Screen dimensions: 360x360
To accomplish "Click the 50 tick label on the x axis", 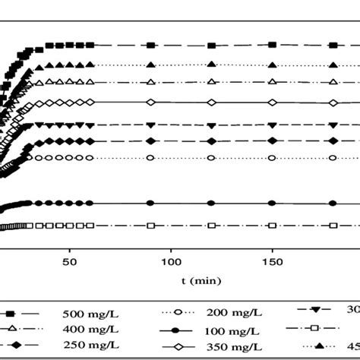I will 70,261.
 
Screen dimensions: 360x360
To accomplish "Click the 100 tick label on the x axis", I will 171,261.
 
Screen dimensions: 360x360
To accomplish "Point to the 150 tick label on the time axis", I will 272,261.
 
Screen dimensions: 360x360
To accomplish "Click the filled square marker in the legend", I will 12,312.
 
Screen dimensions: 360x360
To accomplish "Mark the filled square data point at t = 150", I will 272,45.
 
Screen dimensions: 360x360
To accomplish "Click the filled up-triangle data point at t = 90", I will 150,64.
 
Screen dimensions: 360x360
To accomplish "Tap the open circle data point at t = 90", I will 150,157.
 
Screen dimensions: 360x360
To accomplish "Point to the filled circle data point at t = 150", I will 272,203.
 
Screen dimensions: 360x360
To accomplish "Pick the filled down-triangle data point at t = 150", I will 272,124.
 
